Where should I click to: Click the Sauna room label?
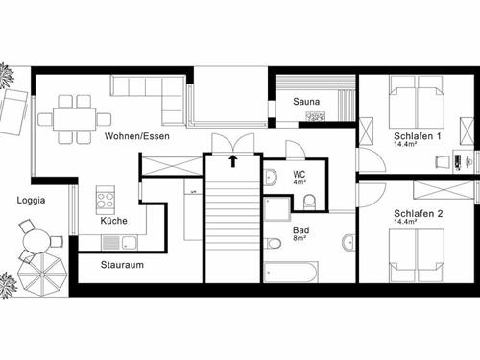pos(306,102)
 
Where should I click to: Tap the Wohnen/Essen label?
pos(137,136)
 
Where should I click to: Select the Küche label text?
pos(113,221)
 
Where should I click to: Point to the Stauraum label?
pos(122,265)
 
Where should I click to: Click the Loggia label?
pos(31,201)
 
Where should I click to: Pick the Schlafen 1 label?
pos(418,136)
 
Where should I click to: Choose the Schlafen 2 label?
pos(419,213)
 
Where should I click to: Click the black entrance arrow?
pos(233,161)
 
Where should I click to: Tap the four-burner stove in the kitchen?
pos(106,200)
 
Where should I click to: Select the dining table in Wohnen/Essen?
pos(75,119)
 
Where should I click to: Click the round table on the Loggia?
pos(36,242)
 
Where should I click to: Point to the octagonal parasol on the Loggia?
pos(42,276)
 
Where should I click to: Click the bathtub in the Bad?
pos(291,273)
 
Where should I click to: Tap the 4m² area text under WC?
pos(300,182)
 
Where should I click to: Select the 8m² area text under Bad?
pos(300,238)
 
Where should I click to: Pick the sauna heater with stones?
pos(316,116)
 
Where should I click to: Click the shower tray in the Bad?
pos(277,209)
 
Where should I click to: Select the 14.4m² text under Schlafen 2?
pos(405,221)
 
